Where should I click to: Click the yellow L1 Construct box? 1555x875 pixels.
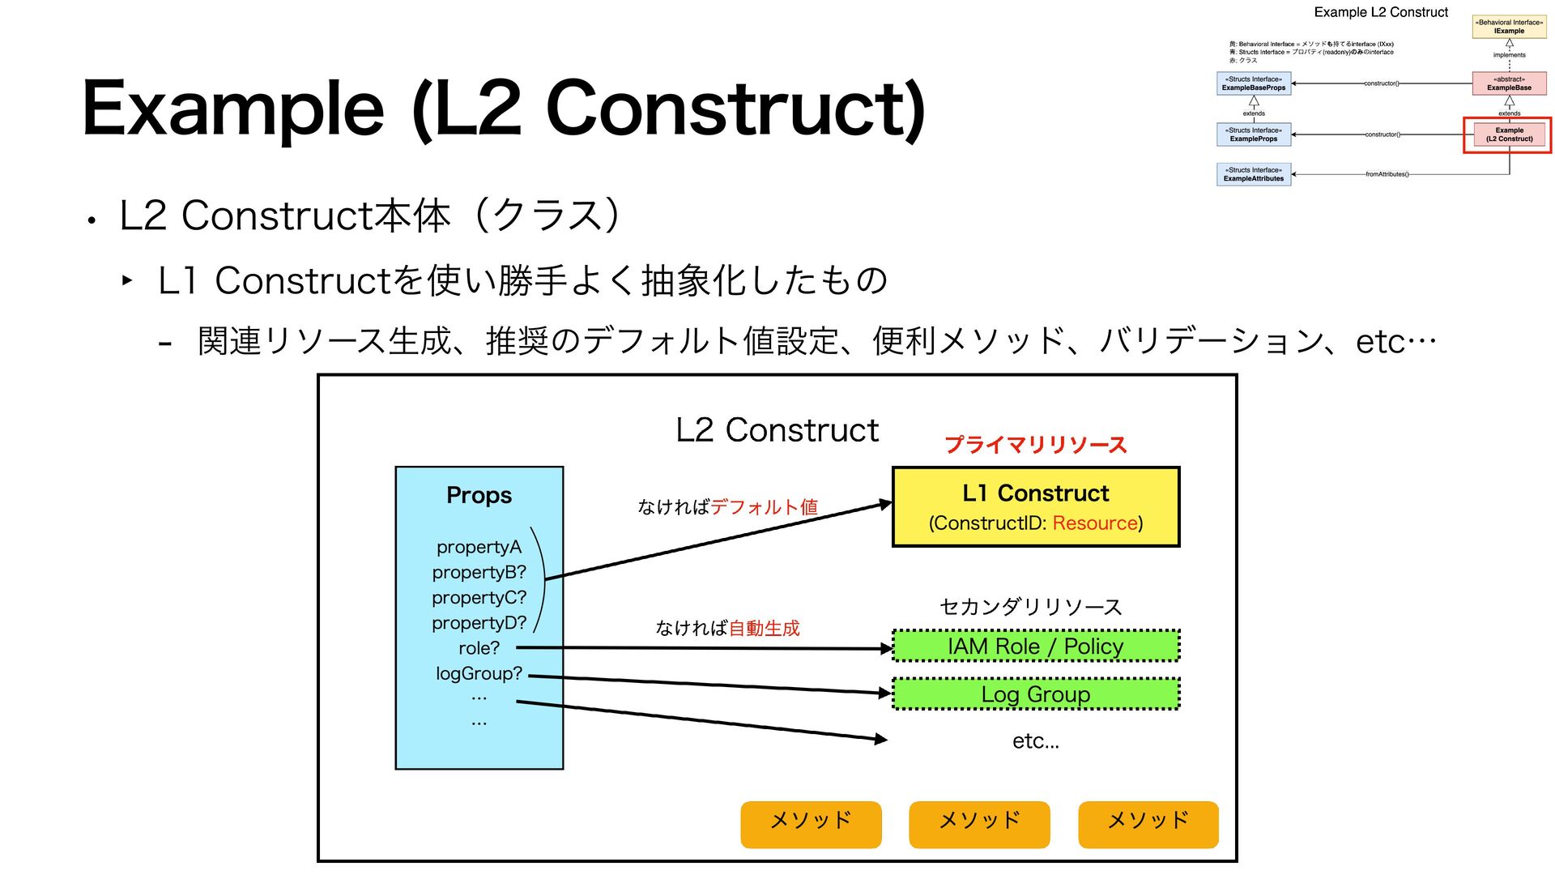click(1035, 506)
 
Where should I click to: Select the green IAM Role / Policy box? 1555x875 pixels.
click(1035, 646)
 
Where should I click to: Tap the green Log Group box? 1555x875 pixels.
click(1035, 694)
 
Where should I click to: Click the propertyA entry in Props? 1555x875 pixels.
click(479, 548)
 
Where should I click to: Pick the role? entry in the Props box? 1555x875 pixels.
click(479, 648)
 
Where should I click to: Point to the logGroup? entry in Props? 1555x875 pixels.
click(479, 673)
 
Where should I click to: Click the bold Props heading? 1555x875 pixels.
click(479, 495)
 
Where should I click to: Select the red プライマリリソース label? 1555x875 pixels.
click(1036, 445)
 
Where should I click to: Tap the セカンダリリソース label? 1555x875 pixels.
click(1030, 607)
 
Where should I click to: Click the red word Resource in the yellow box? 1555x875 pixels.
click(1095, 523)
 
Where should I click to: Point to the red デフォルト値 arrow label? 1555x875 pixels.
click(764, 507)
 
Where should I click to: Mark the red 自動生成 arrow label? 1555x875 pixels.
click(764, 629)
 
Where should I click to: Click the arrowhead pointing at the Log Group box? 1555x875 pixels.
click(886, 693)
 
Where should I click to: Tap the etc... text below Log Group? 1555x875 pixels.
click(1035, 741)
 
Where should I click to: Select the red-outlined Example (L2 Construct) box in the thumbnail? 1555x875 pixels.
click(1508, 134)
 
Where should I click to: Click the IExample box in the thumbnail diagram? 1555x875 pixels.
click(1508, 27)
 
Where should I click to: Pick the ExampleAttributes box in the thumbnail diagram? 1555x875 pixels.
click(1253, 174)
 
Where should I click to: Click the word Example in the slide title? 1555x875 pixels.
click(233, 108)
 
